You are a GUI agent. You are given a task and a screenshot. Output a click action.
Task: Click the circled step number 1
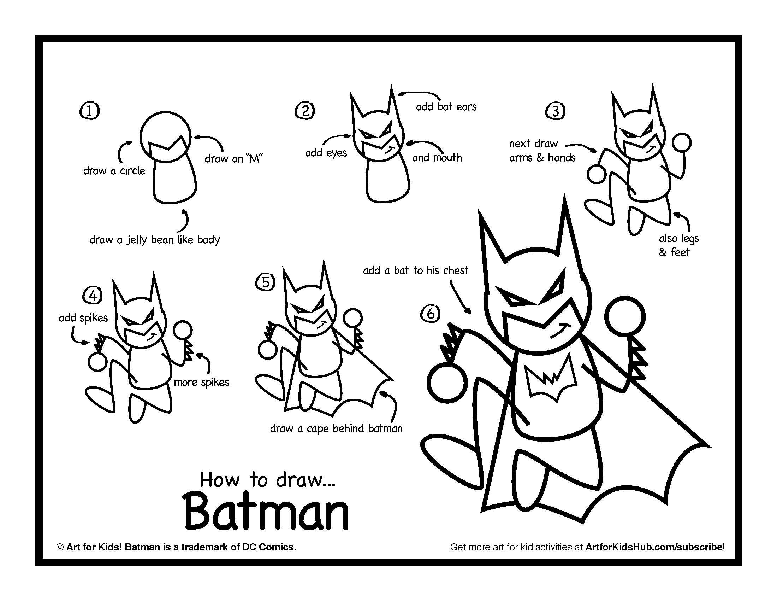point(89,111)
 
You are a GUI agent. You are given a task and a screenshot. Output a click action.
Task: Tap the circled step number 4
point(93,295)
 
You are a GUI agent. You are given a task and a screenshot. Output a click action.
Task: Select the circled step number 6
point(430,314)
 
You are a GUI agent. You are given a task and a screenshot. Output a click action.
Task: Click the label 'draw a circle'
point(114,171)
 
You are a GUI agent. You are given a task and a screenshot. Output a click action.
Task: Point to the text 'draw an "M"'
point(233,158)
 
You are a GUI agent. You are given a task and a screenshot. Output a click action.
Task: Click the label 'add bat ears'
point(446,107)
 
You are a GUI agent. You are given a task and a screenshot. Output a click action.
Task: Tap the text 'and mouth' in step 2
point(437,157)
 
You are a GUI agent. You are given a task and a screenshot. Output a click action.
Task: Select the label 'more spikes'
point(201,383)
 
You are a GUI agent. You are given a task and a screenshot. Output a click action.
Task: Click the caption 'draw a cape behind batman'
point(336,428)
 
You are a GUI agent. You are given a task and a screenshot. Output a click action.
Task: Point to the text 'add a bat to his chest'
point(416,270)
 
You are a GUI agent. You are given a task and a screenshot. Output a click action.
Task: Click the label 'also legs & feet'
point(678,245)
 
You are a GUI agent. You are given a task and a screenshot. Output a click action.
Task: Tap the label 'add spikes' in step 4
point(83,317)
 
